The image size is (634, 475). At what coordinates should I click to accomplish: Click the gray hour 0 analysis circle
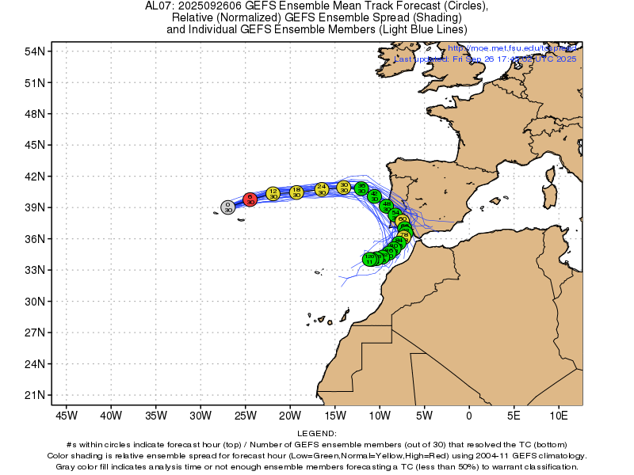click(x=227, y=207)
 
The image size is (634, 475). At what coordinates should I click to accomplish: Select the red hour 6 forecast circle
click(x=250, y=199)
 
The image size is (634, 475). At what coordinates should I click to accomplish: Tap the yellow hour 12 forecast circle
click(x=273, y=193)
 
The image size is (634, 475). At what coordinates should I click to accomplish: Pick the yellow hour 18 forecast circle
click(x=296, y=192)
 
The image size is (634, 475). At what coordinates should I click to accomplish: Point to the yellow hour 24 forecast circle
click(x=321, y=189)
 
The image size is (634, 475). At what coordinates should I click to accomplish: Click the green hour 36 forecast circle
click(x=361, y=188)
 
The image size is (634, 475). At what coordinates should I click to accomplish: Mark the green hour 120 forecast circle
click(x=369, y=259)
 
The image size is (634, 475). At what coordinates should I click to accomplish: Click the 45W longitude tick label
click(x=65, y=415)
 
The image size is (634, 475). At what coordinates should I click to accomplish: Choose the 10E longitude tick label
click(x=559, y=415)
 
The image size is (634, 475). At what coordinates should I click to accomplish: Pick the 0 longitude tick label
click(x=469, y=415)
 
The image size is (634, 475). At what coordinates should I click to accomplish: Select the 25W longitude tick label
click(x=244, y=415)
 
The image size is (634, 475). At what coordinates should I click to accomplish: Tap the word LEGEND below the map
click(x=317, y=434)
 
